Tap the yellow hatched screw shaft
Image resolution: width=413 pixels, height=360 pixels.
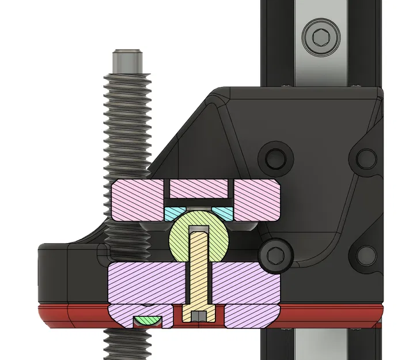[199, 271]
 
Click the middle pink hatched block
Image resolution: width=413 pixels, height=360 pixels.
[199, 187]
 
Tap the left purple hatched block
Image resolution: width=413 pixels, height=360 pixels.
[147, 282]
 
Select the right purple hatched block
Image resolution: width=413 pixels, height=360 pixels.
[248, 282]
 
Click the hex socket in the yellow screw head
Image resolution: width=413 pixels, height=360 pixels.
[199, 317]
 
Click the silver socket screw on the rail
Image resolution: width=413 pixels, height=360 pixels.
[319, 36]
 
